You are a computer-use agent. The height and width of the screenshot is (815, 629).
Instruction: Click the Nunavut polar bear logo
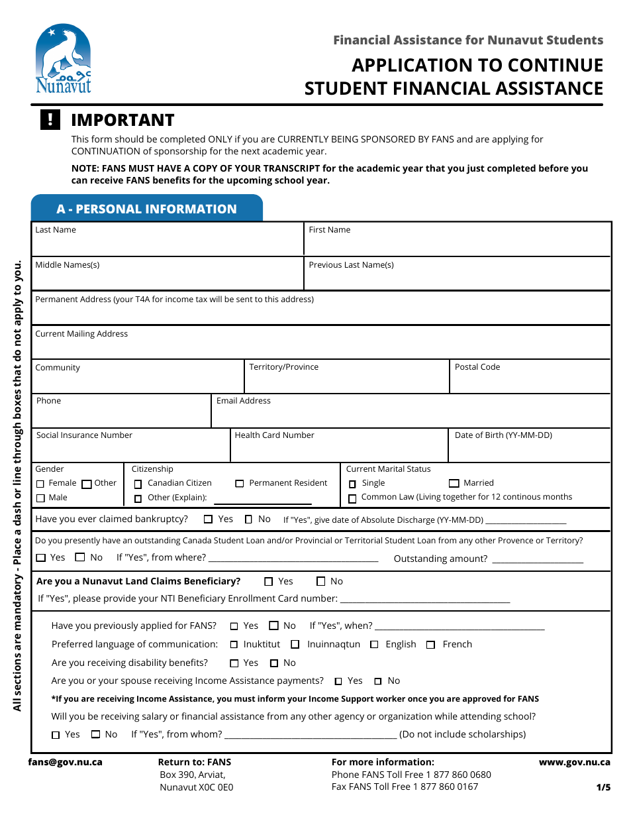(64, 60)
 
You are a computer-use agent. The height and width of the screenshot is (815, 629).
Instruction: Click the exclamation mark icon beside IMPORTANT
(50, 120)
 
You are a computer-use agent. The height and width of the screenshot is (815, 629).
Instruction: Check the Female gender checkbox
(40, 484)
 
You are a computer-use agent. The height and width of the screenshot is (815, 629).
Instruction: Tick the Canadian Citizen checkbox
(138, 484)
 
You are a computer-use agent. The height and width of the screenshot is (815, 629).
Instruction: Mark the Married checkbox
(454, 484)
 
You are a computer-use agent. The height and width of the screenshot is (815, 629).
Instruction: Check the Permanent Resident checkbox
(240, 484)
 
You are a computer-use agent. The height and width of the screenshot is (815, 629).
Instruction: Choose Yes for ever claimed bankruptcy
(208, 519)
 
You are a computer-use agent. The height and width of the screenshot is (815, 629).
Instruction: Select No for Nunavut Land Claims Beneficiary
(320, 582)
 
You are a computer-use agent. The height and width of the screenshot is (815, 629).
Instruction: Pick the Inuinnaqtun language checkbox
(295, 645)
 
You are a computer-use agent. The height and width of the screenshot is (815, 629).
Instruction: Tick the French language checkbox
(430, 645)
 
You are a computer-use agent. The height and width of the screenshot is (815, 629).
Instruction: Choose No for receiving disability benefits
(274, 663)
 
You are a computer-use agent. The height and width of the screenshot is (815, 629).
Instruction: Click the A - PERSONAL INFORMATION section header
(146, 209)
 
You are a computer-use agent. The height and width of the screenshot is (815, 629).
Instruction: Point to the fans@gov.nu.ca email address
(65, 762)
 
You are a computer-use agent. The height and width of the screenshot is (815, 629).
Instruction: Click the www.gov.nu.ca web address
(574, 762)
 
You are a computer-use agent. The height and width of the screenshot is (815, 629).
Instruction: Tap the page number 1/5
(603, 787)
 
